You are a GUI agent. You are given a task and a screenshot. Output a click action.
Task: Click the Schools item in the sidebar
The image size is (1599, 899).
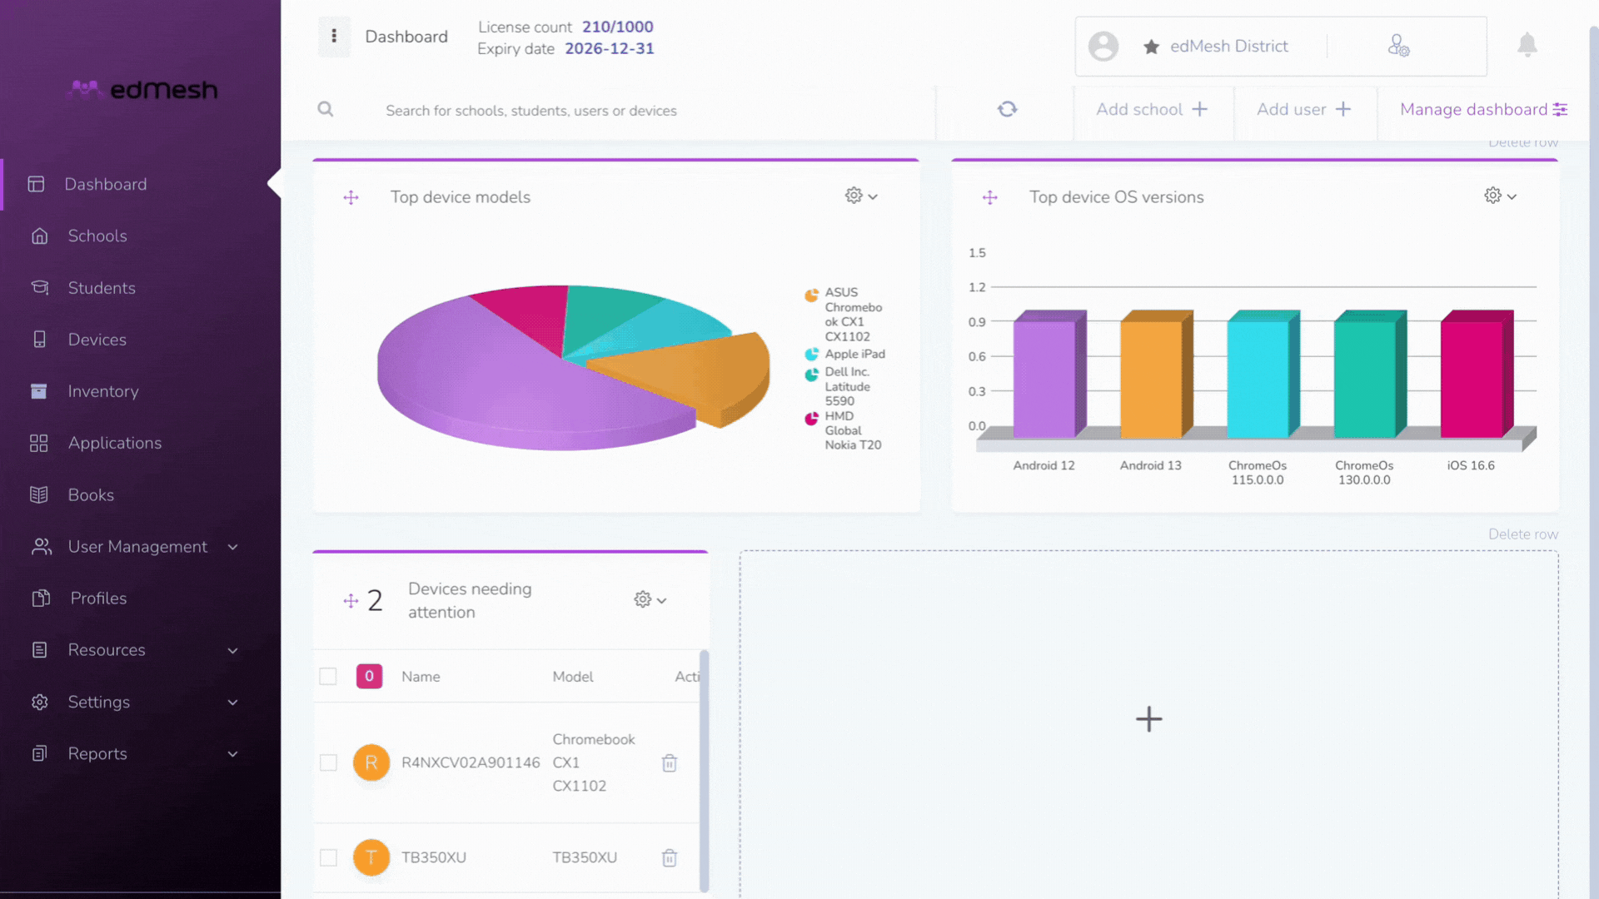[97, 236]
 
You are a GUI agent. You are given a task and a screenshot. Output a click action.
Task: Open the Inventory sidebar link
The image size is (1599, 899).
[103, 391]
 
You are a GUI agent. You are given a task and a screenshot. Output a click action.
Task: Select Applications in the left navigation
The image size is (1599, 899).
[115, 443]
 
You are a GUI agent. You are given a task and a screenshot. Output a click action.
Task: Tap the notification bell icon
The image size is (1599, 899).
[1527, 45]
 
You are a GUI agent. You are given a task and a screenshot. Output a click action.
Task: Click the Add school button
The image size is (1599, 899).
[1152, 109]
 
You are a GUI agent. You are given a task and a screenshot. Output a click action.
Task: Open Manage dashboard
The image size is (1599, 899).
[1484, 109]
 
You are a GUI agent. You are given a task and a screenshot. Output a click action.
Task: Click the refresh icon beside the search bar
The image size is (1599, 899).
[1008, 109]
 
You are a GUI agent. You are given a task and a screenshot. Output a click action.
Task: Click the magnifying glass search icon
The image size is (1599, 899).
[326, 109]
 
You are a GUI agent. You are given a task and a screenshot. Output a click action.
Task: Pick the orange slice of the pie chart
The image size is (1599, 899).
[691, 375]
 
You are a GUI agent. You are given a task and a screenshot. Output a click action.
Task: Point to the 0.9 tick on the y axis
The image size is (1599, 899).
[977, 322]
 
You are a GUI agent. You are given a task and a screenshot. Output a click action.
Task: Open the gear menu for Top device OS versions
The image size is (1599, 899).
[1500, 196]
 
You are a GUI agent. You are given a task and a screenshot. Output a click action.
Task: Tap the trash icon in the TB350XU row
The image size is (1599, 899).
[670, 857]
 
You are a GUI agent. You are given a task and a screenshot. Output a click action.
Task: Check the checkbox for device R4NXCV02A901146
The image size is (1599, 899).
[328, 762]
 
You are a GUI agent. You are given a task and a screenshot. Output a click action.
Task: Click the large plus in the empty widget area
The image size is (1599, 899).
[1149, 719]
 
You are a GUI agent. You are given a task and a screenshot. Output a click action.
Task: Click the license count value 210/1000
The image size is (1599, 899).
[618, 27]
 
